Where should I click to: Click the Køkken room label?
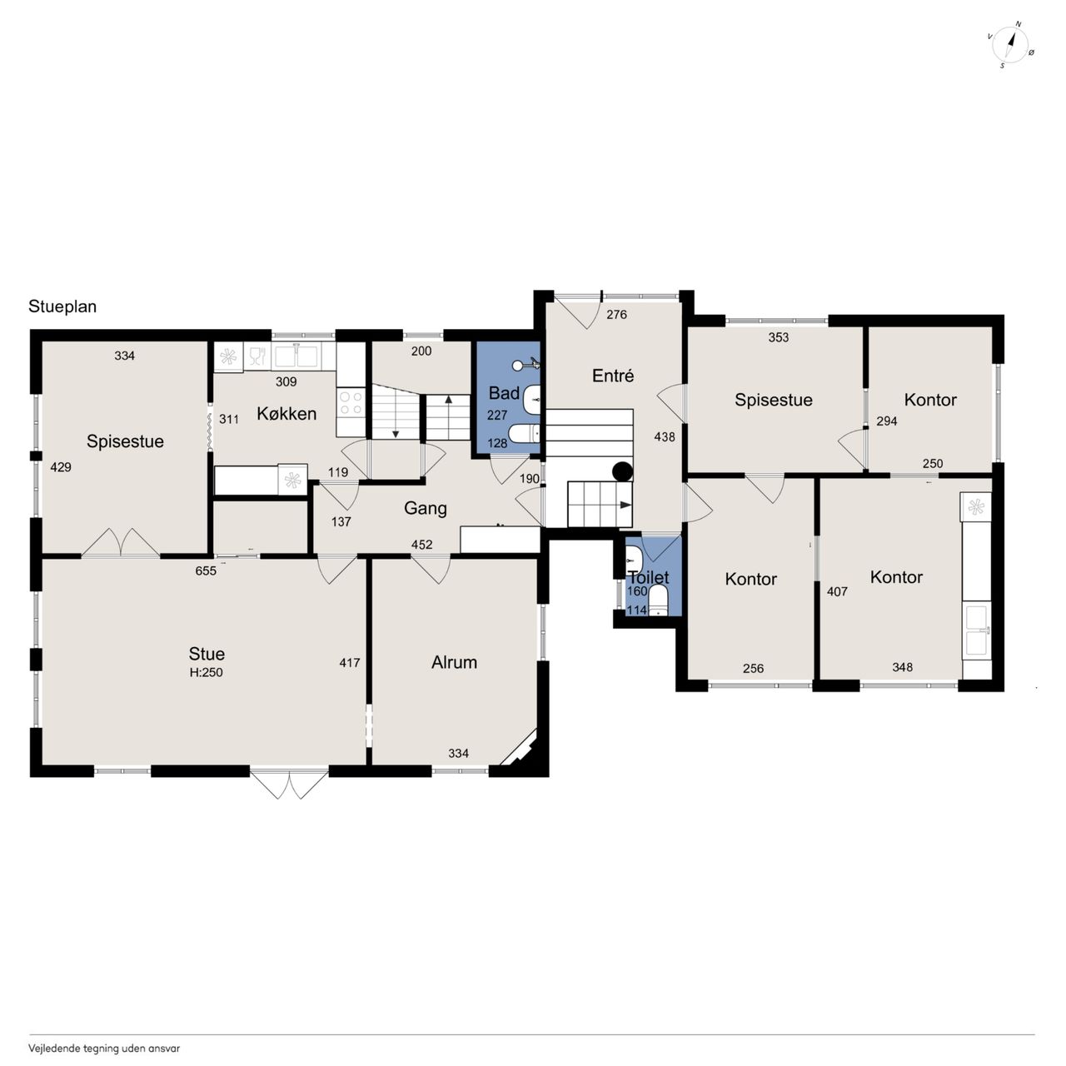[x=286, y=413]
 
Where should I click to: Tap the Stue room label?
[x=207, y=654]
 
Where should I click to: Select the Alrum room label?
[x=454, y=662]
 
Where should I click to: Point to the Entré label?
[x=612, y=376]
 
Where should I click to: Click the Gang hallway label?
[x=426, y=508]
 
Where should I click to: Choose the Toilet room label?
[x=650, y=577]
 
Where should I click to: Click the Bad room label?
[x=504, y=393]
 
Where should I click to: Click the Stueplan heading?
[x=62, y=306]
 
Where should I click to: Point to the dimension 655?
[x=206, y=570]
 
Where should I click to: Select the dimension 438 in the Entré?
[x=665, y=437]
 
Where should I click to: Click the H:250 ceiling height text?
[x=207, y=673]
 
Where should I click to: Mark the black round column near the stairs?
[x=622, y=471]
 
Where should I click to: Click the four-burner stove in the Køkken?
[x=351, y=403]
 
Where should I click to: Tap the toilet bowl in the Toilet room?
[x=658, y=601]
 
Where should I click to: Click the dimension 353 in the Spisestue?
[x=779, y=337]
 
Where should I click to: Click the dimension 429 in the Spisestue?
[x=61, y=467]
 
